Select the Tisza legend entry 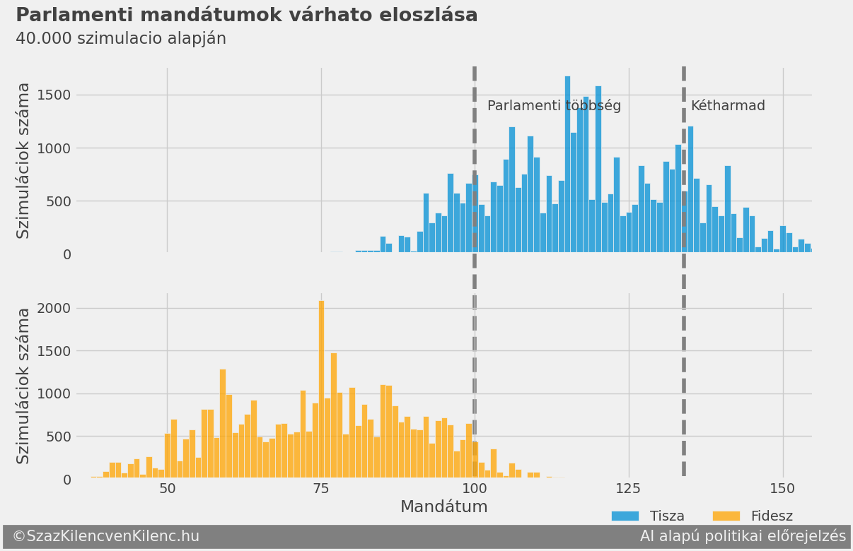point(649,516)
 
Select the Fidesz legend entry point(753,516)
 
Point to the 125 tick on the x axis point(628,489)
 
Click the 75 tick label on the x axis point(321,489)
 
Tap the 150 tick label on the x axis point(782,489)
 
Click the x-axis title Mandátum point(443,507)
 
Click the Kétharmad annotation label point(728,106)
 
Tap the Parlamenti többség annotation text point(554,106)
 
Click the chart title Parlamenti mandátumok point(246,15)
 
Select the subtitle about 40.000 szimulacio point(121,39)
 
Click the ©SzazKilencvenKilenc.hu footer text point(106,537)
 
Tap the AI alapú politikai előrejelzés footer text point(743,537)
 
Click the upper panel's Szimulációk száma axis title point(23,160)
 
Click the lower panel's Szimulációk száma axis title point(23,386)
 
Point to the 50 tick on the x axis point(167,489)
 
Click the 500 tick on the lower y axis point(58,437)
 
